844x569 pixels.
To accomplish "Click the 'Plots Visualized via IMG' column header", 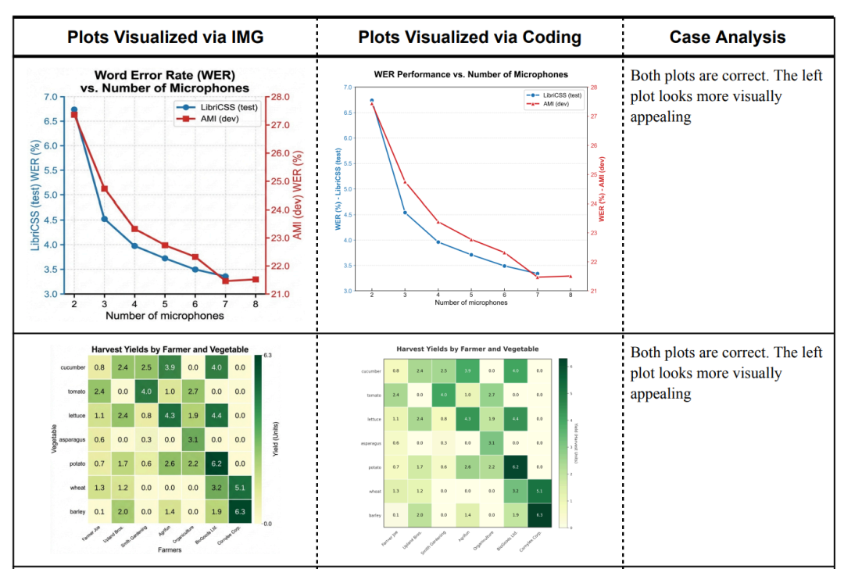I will click(165, 37).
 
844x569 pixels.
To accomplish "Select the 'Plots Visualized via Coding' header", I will click(470, 37).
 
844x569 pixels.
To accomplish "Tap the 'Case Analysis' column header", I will click(728, 37).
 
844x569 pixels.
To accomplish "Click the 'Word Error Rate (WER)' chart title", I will click(165, 76).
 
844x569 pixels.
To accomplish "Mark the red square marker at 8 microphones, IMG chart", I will click(255, 279).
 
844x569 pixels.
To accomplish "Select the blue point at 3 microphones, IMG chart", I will click(104, 219).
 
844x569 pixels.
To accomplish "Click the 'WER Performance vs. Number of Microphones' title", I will click(471, 74).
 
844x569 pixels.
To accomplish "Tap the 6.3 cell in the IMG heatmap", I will click(240, 512).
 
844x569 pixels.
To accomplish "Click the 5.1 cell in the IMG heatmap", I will click(240, 488).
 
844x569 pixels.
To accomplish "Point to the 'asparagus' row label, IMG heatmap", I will click(72, 440).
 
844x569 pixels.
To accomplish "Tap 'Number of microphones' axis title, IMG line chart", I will click(165, 316).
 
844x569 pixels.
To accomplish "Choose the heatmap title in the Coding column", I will click(467, 349).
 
